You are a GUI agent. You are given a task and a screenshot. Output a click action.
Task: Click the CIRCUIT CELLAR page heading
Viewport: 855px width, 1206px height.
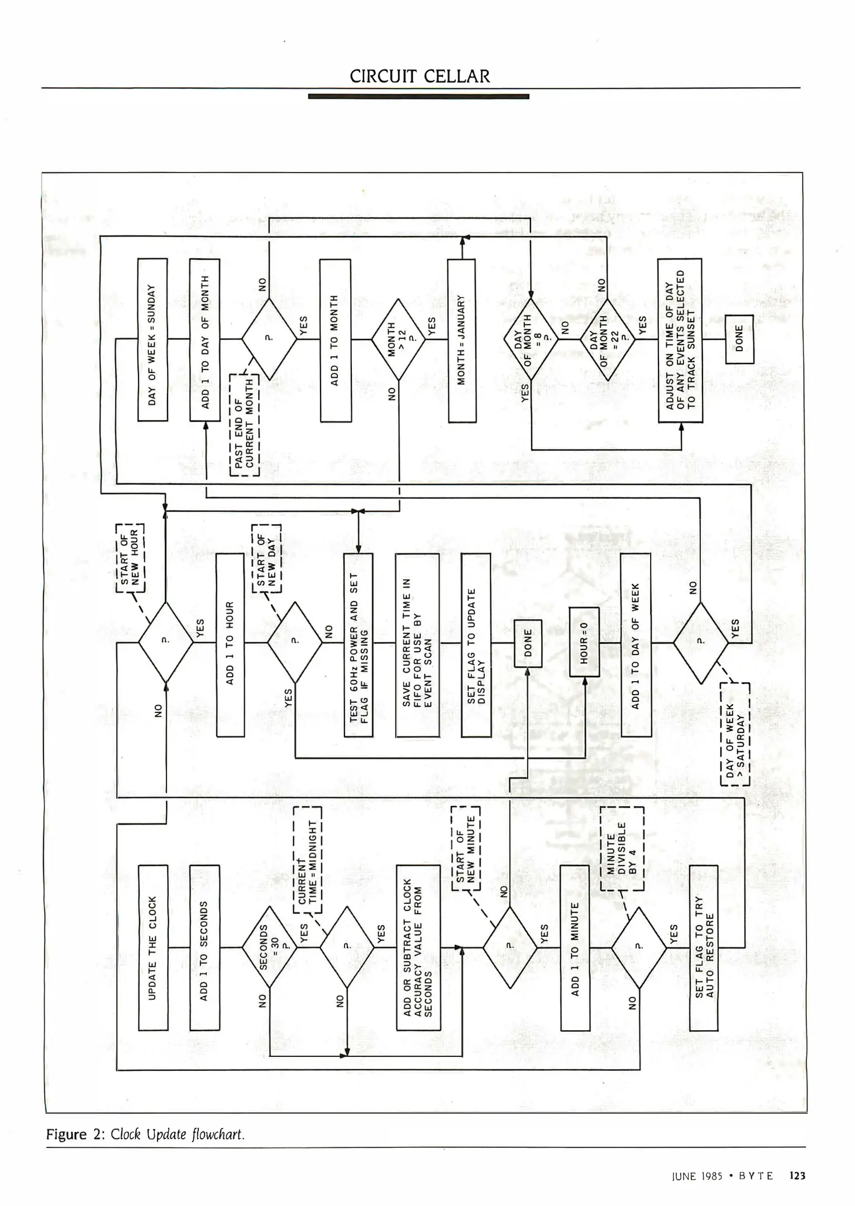[x=419, y=76]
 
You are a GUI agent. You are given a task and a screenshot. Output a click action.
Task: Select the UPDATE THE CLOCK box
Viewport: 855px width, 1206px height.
[x=152, y=947]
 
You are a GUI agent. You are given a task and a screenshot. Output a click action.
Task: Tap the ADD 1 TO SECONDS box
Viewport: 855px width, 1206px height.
[x=204, y=947]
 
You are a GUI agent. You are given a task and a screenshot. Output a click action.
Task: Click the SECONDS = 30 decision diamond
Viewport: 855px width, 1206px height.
[x=269, y=947]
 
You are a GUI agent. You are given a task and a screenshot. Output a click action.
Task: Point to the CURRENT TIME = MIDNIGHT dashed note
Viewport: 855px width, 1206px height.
[x=308, y=860]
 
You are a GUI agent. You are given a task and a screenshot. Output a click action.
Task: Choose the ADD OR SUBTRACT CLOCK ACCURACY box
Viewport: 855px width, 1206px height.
[x=418, y=947]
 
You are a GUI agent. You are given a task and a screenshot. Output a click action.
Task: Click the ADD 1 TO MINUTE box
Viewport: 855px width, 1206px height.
[x=575, y=947]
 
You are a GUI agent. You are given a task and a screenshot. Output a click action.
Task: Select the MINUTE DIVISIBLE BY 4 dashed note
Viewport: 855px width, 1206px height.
[x=622, y=848]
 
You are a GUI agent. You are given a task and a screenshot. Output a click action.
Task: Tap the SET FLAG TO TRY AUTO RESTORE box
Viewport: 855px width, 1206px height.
[x=704, y=947]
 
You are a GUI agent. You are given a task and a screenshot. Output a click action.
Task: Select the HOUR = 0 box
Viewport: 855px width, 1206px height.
[x=584, y=642]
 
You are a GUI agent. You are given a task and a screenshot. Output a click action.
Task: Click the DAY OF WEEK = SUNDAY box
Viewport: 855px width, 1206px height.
[x=152, y=339]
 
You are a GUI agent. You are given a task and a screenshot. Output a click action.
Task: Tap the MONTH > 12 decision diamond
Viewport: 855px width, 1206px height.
[x=399, y=339]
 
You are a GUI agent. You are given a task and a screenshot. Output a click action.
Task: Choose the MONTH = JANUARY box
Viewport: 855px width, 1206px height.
[x=462, y=339]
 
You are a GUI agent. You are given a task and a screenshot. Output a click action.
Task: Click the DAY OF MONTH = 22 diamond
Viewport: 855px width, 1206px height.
[x=608, y=339]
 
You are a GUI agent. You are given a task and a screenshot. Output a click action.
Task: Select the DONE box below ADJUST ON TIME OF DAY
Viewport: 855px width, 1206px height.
[x=739, y=339]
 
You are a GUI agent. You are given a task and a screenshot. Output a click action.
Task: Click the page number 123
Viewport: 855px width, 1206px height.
[x=797, y=1175]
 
